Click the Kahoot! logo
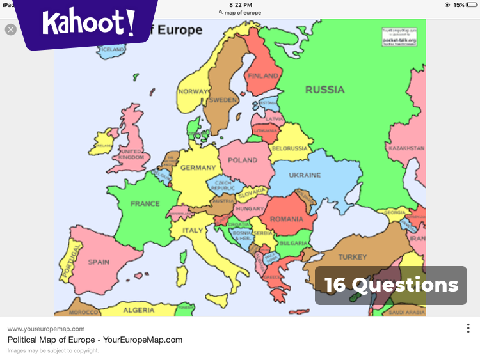click(x=88, y=24)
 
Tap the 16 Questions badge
click(x=391, y=285)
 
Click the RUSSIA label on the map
click(x=324, y=90)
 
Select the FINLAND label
click(x=263, y=76)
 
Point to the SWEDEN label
click(x=223, y=100)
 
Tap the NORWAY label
click(x=193, y=91)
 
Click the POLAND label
click(x=243, y=160)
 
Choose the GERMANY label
click(x=198, y=168)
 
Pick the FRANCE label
click(x=145, y=204)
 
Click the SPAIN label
click(x=99, y=262)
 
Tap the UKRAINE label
click(x=305, y=175)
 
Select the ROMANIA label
click(x=286, y=219)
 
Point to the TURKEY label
click(x=353, y=257)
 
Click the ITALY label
click(x=193, y=231)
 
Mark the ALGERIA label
click(x=139, y=310)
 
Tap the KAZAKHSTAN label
click(x=406, y=148)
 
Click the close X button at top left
click(x=11, y=29)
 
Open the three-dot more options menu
click(x=468, y=328)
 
